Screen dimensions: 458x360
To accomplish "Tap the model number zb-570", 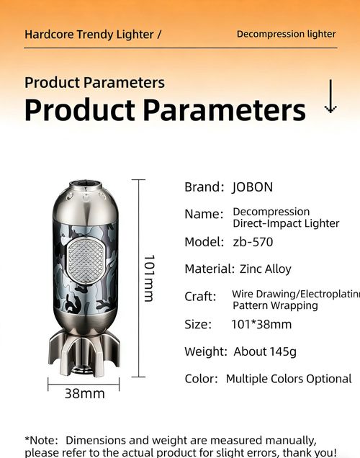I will [x=252, y=242].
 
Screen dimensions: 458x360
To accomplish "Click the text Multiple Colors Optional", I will [x=289, y=379].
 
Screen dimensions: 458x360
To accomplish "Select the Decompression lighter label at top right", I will [x=286, y=34].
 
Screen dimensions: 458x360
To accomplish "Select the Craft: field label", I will [x=200, y=297].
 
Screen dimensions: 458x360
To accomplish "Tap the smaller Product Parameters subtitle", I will [x=94, y=82].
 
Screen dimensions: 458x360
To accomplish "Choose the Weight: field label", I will [x=206, y=352].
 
